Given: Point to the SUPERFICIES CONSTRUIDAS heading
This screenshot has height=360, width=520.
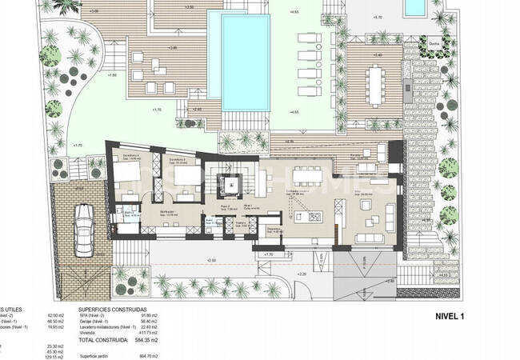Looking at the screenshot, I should click(x=112, y=308).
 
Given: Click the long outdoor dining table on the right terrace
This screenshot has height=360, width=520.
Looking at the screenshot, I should click(x=377, y=81).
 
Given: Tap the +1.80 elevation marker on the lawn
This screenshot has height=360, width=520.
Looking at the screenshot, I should click(x=113, y=74).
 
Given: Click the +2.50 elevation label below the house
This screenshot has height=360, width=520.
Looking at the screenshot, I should click(x=210, y=261).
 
